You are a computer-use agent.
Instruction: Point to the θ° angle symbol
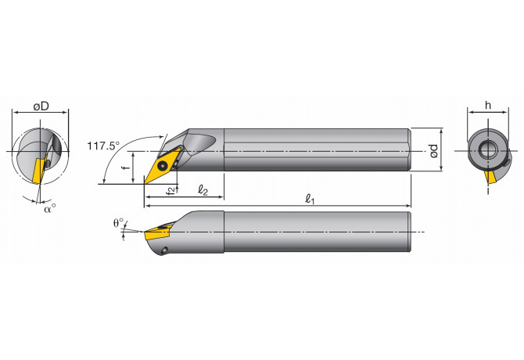click(x=118, y=223)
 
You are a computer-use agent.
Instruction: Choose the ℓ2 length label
click(x=202, y=189)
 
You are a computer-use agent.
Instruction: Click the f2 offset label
click(x=170, y=190)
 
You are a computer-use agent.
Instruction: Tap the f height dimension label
click(x=124, y=167)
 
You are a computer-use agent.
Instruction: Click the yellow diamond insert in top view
click(x=162, y=164)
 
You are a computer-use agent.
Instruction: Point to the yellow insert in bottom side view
click(x=156, y=232)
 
